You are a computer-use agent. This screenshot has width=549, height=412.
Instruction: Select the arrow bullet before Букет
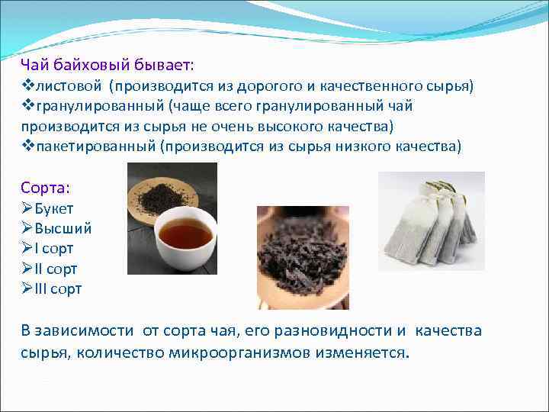tap(27, 208)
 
